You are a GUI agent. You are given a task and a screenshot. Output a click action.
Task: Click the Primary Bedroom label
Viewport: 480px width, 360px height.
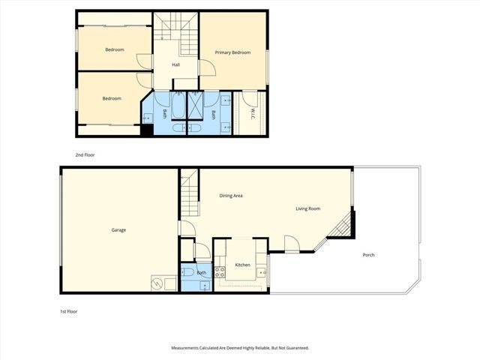232,52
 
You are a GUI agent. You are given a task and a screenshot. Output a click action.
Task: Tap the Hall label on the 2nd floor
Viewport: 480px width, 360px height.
175,64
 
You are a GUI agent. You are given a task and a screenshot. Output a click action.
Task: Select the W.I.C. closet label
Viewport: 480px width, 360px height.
253,114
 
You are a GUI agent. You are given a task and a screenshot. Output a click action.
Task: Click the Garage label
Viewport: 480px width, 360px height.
118,229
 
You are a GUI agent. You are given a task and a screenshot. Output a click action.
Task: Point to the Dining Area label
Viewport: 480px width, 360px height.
231,196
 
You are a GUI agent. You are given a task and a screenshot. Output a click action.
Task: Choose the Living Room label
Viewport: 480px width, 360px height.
308,208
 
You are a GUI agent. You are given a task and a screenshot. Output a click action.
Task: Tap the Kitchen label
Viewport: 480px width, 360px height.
242,265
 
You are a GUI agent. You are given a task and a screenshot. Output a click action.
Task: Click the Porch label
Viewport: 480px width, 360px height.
368,255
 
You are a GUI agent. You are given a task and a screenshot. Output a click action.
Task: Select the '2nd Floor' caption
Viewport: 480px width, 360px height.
85,154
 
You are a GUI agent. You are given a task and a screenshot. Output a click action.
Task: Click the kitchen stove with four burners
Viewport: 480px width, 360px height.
220,272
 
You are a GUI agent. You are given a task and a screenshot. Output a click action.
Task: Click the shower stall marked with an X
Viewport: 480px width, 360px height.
194,104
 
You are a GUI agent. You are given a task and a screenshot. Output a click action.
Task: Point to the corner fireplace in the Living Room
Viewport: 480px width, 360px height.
344,224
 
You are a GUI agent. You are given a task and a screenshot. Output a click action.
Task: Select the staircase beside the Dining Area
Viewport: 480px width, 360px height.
188,192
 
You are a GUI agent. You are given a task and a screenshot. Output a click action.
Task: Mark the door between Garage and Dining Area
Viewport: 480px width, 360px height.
185,229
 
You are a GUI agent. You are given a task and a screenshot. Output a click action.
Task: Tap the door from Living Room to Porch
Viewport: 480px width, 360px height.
291,243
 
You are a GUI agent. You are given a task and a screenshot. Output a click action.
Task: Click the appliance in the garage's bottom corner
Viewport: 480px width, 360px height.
158,283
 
